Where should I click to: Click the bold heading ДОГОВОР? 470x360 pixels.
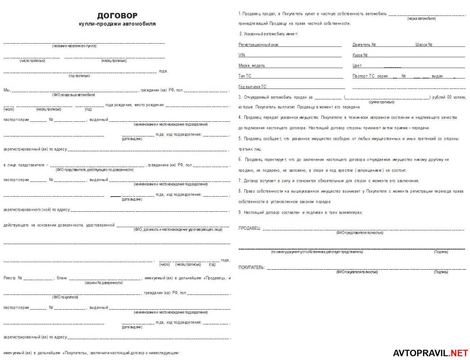[x=117, y=16]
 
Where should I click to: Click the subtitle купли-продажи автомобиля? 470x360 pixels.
[x=117, y=24]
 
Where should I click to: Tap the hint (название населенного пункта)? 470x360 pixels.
[x=74, y=46]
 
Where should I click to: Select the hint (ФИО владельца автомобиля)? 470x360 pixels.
[x=74, y=95]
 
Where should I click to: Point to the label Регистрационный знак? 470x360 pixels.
[x=258, y=45]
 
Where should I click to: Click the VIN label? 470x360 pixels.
[x=242, y=55]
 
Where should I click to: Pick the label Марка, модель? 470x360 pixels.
[x=252, y=66]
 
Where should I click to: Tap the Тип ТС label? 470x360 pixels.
[x=245, y=76]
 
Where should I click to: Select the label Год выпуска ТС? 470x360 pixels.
[x=252, y=87]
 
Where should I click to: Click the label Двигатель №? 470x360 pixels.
[x=364, y=45]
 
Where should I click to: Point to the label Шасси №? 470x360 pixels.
[x=424, y=45]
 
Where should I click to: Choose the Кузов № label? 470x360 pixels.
[x=360, y=55]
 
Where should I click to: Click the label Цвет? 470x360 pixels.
[x=357, y=66]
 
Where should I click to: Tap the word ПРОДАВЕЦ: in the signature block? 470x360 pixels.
[x=249, y=228]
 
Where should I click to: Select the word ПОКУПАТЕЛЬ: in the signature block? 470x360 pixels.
[x=252, y=267]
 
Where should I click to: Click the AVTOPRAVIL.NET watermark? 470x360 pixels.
[x=430, y=353]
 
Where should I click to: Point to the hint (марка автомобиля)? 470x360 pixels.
[x=421, y=19]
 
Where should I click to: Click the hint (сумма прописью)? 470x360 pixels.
[x=381, y=102]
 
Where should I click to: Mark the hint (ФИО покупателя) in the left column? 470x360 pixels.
[x=65, y=297]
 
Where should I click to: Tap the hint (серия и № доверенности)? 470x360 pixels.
[x=104, y=283]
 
